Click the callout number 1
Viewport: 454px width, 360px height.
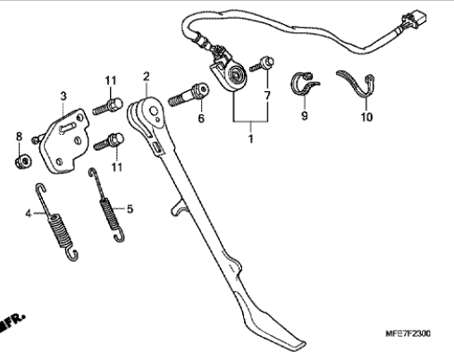click(251, 138)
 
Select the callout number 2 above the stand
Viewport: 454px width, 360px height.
click(146, 77)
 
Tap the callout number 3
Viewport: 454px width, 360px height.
click(63, 96)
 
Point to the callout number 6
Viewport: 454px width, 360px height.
click(201, 118)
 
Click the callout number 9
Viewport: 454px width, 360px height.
click(304, 115)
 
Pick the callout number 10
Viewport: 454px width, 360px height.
click(366, 117)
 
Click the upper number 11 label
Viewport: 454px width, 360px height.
click(111, 80)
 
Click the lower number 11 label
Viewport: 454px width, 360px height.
click(117, 167)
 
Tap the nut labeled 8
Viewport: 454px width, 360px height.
click(23, 162)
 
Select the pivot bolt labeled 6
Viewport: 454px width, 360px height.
click(189, 95)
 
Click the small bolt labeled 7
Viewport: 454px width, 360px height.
click(262, 64)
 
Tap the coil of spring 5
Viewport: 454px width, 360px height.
click(109, 213)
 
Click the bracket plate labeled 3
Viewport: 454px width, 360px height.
click(64, 141)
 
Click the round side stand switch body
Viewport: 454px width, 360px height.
click(235, 76)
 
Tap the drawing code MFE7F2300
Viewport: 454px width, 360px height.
click(408, 333)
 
